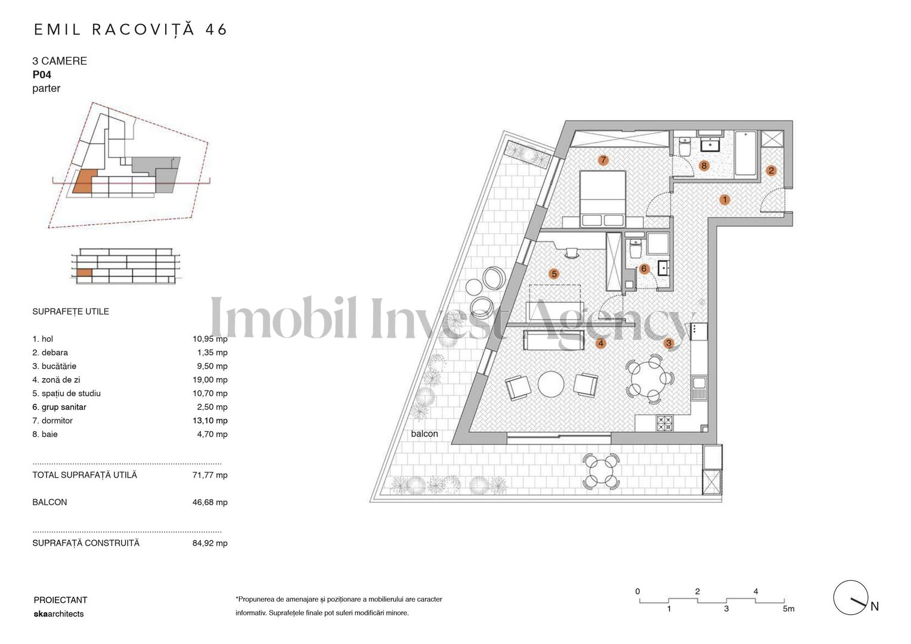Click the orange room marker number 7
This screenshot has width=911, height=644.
pos(603,160)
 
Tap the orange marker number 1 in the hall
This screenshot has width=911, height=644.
pos(724,200)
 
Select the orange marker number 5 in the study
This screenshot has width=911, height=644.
pos(554,274)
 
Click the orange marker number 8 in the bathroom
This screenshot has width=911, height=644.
pos(704,166)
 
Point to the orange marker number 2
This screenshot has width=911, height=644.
pos(771,171)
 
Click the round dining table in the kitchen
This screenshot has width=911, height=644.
pos(650,377)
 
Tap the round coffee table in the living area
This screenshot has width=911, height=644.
pos(551,384)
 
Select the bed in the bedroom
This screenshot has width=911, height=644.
pos(602,199)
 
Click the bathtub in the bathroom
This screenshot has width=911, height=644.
pos(745,154)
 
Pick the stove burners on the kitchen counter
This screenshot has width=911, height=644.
pos(664,423)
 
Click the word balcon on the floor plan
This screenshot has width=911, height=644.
pos(424,434)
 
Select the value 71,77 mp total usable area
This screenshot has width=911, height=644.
pos(210,475)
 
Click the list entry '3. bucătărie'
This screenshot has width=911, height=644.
pos(54,366)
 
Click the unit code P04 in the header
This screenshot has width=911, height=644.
pos(42,75)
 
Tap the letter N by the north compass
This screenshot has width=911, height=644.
pos(875,606)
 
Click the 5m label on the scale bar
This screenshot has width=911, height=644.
pos(788,609)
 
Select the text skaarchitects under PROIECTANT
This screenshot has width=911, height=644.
pos(58,614)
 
